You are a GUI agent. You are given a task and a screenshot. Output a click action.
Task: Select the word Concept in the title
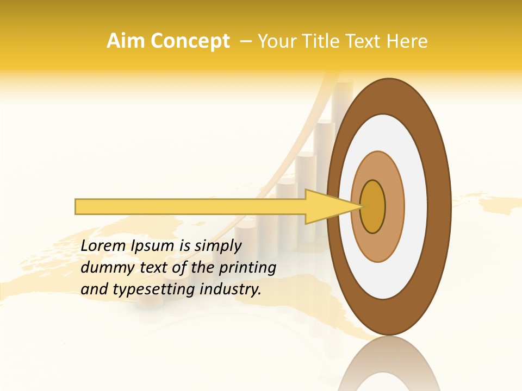[190, 41]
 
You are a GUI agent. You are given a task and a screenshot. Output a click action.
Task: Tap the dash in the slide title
[245, 41]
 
